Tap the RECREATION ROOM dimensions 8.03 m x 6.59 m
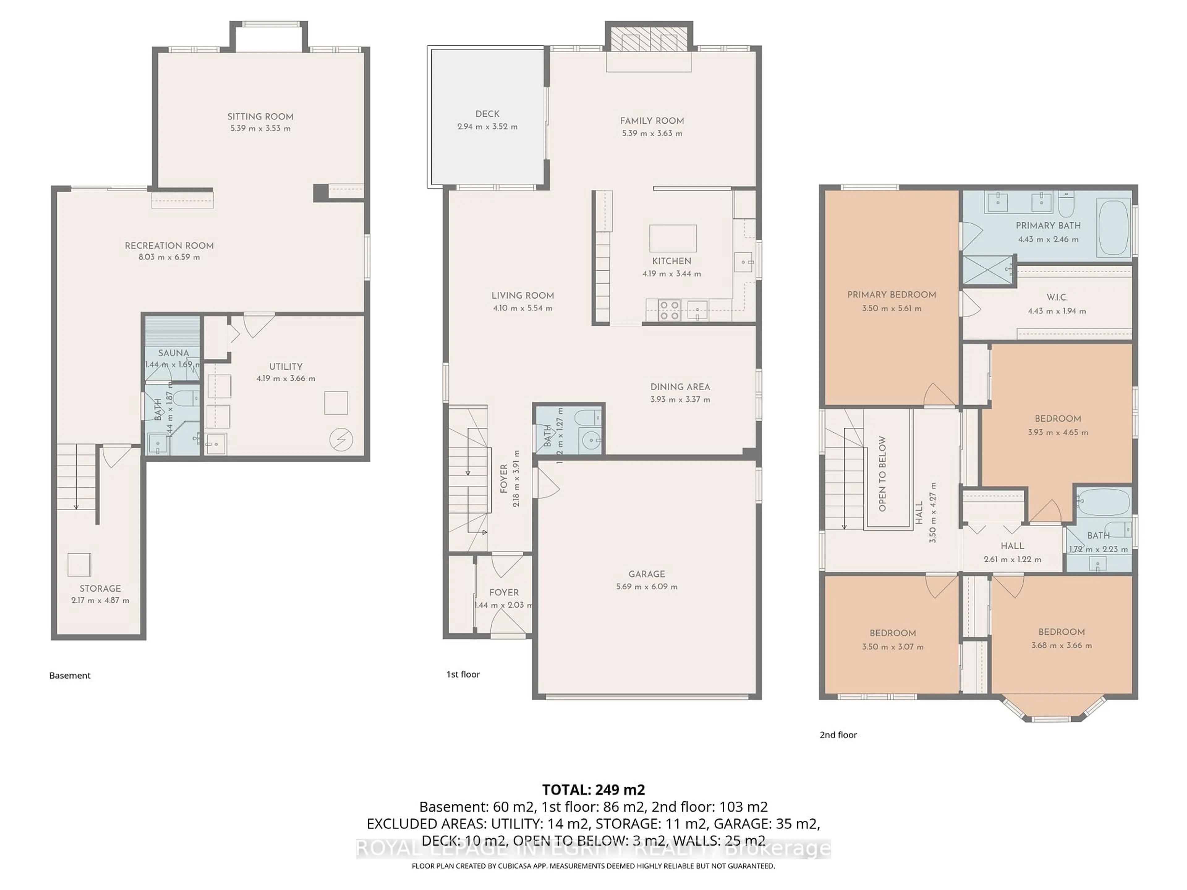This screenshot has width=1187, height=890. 169,257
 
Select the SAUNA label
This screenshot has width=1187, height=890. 173,353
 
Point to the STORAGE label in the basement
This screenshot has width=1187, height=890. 100,588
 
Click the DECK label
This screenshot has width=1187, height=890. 487,114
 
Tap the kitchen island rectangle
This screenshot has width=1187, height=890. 673,238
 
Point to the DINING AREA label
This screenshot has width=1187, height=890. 680,387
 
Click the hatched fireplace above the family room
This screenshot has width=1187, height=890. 649,38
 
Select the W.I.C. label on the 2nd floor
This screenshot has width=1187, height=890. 1057,297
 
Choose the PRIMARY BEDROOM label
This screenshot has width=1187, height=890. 891,295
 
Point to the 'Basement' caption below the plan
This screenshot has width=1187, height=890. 70,676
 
